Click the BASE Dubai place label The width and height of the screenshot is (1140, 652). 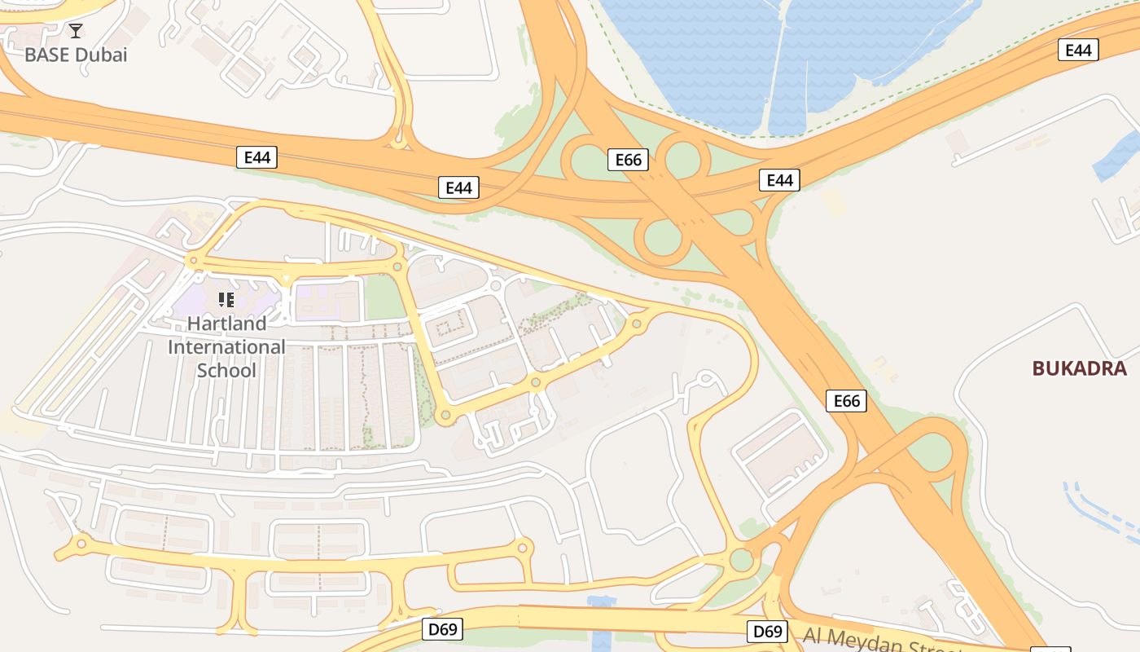pyautogui.click(x=76, y=55)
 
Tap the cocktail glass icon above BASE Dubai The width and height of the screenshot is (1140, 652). pyautogui.click(x=76, y=31)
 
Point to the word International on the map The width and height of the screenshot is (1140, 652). pyautogui.click(x=226, y=347)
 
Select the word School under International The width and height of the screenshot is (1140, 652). pyautogui.click(x=226, y=371)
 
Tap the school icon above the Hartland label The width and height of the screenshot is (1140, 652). pyautogui.click(x=226, y=300)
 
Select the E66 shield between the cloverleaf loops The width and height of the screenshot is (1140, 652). pyautogui.click(x=628, y=160)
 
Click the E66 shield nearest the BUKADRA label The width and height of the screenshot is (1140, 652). pyautogui.click(x=847, y=401)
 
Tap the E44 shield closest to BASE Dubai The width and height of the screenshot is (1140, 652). pyautogui.click(x=257, y=157)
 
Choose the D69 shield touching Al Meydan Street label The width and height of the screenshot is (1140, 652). pyautogui.click(x=767, y=631)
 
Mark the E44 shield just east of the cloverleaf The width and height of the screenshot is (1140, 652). pyautogui.click(x=779, y=180)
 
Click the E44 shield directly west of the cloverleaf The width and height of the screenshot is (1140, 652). pyautogui.click(x=458, y=187)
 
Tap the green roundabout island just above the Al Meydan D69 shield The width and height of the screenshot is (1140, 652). pyautogui.click(x=741, y=560)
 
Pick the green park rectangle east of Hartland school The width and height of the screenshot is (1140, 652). pyautogui.click(x=384, y=299)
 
